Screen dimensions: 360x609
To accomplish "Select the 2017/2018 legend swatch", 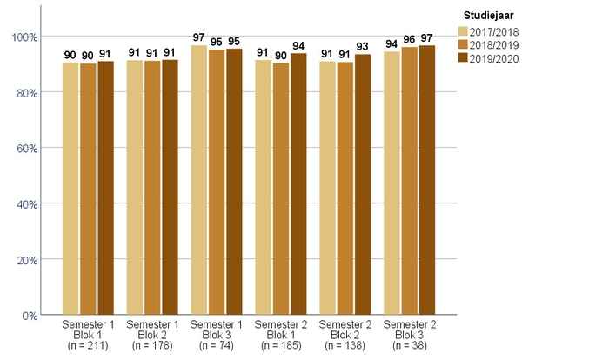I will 463,32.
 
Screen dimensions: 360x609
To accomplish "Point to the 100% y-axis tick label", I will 24,37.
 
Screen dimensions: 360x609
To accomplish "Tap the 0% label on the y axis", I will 30,315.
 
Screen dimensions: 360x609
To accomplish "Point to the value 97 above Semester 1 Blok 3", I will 198,37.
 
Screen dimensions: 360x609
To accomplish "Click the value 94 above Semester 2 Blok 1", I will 298,46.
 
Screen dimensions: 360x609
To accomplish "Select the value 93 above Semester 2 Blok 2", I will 363,47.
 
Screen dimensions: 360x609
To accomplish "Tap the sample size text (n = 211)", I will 87,345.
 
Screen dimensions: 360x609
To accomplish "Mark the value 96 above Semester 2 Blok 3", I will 409,40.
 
